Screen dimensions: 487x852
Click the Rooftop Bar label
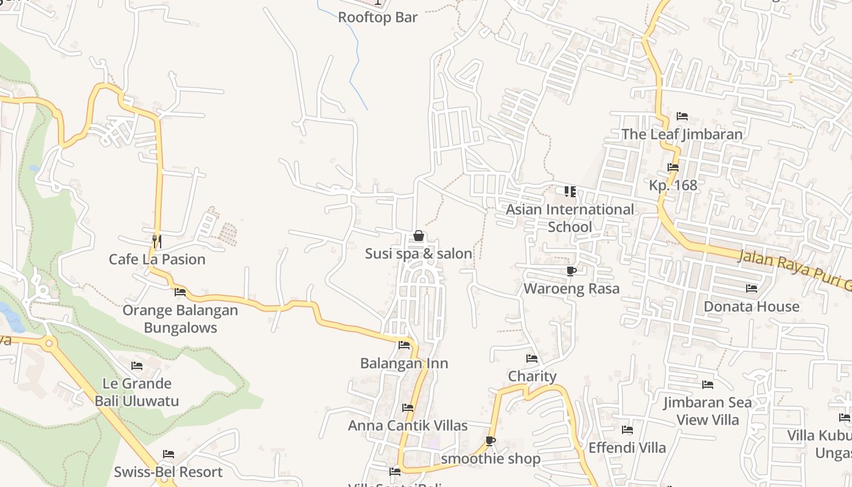pos(377,17)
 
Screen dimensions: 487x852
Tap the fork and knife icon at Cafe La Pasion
pos(156,241)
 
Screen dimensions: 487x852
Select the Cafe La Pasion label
pos(157,259)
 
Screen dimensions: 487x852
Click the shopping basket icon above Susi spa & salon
pos(419,236)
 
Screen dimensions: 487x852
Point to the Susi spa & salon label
pos(419,254)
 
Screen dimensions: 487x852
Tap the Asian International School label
pos(570,218)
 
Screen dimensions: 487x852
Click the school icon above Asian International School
pos(570,192)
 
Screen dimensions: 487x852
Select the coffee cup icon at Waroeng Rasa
pos(571,271)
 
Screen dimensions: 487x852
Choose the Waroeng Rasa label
pos(571,289)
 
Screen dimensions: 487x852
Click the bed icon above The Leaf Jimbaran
pos(682,116)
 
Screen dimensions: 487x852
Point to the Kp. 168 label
pos(673,185)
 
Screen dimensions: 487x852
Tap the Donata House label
pos(752,306)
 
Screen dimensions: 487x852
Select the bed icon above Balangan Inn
pos(403,345)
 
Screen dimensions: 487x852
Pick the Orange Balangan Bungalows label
pos(180,319)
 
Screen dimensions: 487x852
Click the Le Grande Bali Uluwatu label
pos(137,392)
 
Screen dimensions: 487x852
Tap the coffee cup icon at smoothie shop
pos(491,441)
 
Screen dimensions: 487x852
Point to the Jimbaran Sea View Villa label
pos(707,411)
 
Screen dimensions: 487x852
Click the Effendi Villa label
pos(627,448)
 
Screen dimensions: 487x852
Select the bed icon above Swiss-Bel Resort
pos(169,454)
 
